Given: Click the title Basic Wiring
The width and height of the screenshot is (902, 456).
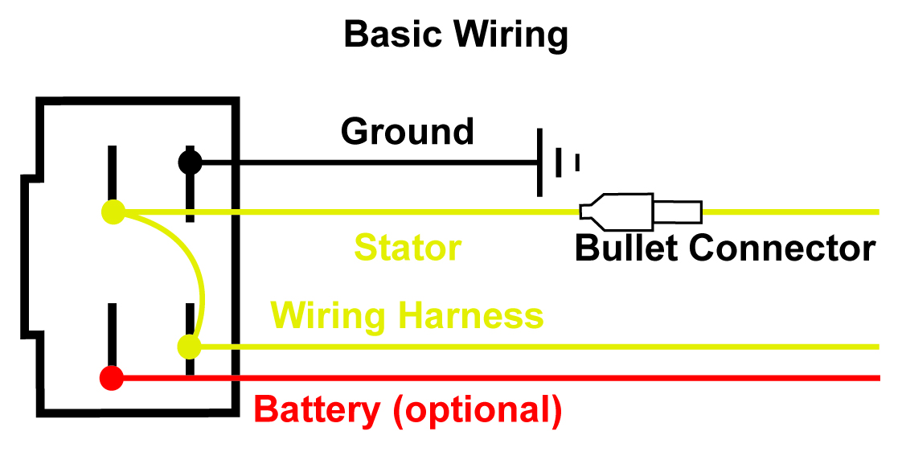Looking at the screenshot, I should click(x=456, y=35).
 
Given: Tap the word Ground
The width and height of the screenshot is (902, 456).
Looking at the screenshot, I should click(x=408, y=131).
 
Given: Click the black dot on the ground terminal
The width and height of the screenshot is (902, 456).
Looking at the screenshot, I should click(x=190, y=162).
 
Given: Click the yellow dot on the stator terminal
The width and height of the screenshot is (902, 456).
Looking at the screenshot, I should click(x=113, y=212).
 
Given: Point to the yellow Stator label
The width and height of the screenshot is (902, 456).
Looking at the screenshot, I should click(x=408, y=248).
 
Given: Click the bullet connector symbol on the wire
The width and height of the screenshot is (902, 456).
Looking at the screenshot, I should click(x=641, y=212).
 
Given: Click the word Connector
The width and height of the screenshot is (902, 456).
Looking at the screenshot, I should click(x=782, y=249).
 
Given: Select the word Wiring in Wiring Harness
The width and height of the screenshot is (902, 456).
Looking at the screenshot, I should click(x=330, y=315).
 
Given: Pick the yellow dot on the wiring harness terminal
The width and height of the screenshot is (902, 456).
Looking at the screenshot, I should click(x=189, y=347).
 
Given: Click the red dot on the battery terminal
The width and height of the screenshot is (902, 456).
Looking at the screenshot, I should click(x=112, y=377).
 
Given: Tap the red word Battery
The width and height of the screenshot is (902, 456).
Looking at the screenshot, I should click(x=318, y=410).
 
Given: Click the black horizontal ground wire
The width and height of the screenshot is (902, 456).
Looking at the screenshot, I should click(x=362, y=162).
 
